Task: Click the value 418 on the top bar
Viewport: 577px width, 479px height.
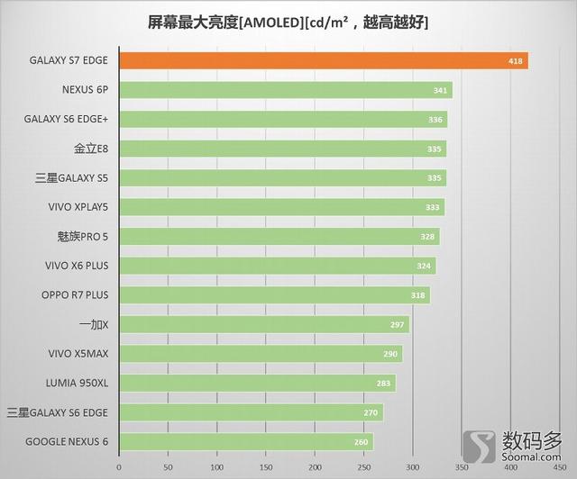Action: click(x=513, y=61)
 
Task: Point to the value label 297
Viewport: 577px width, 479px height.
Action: click(x=397, y=324)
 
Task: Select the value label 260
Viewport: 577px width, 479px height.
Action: click(x=361, y=441)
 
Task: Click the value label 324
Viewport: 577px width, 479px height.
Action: click(x=423, y=266)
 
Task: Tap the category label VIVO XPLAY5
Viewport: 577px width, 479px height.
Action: click(x=78, y=207)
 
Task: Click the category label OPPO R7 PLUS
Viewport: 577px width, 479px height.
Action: click(x=75, y=294)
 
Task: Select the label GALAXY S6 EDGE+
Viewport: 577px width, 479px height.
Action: click(x=67, y=119)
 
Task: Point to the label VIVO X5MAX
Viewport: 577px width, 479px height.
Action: click(x=77, y=353)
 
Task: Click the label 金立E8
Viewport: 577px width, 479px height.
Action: click(x=92, y=149)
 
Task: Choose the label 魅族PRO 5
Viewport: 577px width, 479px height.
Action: click(x=82, y=236)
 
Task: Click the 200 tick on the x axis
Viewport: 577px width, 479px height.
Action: click(x=315, y=467)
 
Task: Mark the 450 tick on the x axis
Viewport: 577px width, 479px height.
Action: click(x=559, y=467)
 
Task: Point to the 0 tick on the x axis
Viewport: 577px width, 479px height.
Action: click(x=118, y=467)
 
